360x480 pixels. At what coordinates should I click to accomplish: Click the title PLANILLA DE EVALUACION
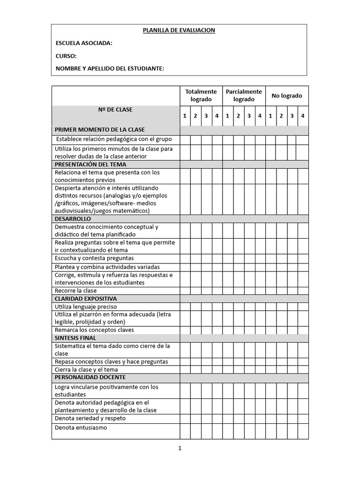(x=179, y=30)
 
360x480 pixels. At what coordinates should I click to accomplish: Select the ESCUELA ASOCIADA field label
(x=84, y=43)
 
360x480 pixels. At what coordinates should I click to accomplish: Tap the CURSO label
(x=66, y=56)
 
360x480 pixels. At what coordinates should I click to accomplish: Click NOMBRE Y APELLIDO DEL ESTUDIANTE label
(x=110, y=68)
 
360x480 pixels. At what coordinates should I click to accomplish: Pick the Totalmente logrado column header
(x=201, y=96)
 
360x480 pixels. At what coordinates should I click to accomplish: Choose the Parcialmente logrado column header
(x=244, y=96)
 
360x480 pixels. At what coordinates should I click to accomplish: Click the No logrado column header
(x=287, y=96)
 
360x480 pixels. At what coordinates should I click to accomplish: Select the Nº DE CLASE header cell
(x=115, y=110)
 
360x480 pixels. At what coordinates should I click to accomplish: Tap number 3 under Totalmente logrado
(x=206, y=116)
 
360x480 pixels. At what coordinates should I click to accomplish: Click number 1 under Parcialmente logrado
(x=228, y=116)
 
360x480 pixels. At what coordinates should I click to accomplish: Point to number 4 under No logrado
(x=303, y=116)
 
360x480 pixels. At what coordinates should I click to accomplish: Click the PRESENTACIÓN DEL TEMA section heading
(x=90, y=165)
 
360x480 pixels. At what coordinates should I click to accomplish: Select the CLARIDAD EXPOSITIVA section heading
(x=86, y=299)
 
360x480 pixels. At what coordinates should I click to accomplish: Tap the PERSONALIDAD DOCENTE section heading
(x=90, y=377)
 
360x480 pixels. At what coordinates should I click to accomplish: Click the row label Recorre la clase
(x=75, y=291)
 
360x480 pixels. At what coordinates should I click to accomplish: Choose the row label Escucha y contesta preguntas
(x=94, y=258)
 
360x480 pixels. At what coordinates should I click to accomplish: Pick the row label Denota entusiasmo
(x=81, y=427)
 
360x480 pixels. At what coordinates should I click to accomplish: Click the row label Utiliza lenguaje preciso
(x=86, y=307)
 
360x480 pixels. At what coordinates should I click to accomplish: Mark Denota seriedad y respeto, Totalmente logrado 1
(x=185, y=419)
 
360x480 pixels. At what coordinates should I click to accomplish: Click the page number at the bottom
(x=180, y=448)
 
